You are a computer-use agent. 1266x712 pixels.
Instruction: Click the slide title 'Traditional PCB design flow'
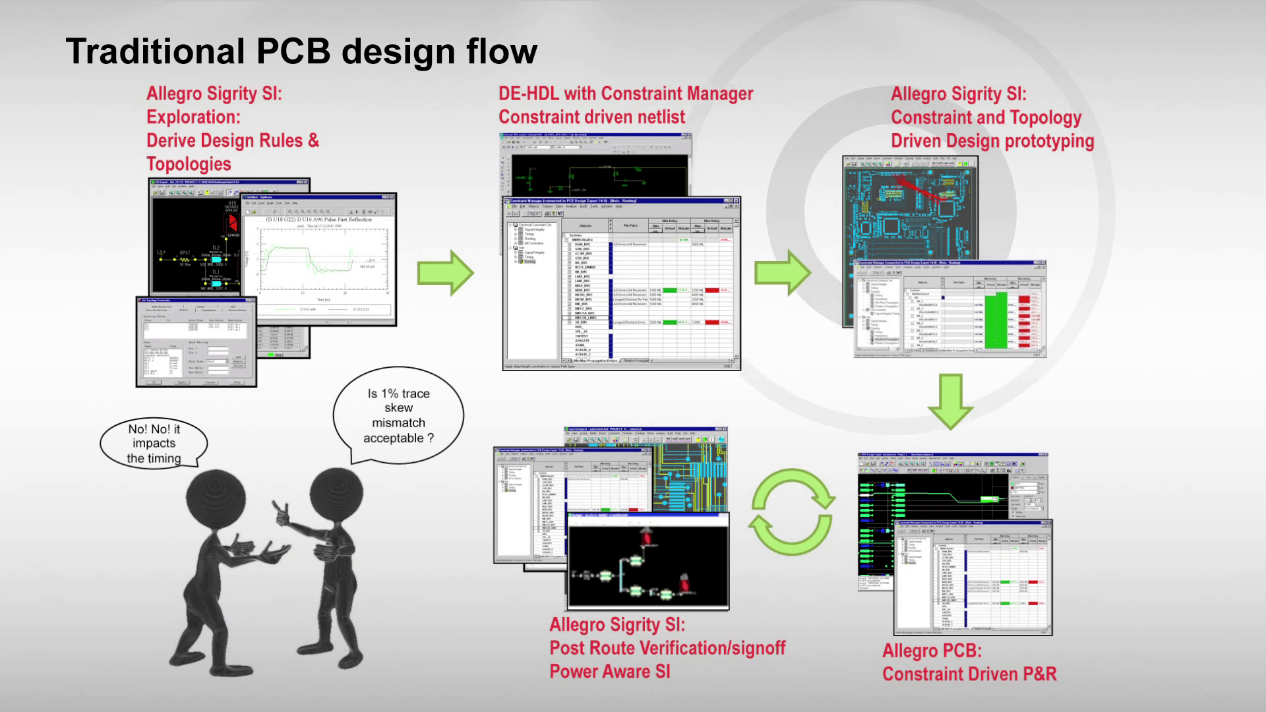tap(301, 51)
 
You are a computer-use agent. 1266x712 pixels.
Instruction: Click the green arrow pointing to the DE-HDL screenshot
tap(445, 272)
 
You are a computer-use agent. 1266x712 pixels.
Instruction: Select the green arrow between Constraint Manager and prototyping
tap(783, 272)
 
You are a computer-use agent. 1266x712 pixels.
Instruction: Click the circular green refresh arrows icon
tap(791, 512)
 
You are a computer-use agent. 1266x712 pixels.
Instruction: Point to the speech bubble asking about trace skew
tap(398, 416)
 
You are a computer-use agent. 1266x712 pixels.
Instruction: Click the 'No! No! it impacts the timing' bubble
tap(154, 444)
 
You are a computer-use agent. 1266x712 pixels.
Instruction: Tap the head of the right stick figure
tap(336, 496)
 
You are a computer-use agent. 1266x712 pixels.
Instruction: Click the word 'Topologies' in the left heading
tap(189, 164)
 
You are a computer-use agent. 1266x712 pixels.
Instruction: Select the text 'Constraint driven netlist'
tap(591, 117)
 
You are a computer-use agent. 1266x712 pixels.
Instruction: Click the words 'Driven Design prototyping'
tap(992, 141)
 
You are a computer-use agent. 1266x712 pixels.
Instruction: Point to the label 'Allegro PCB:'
tap(932, 651)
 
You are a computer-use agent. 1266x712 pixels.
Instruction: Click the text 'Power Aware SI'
tap(610, 672)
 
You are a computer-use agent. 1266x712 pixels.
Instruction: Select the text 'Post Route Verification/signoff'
tap(667, 648)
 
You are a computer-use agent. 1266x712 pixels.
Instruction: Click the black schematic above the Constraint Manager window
tap(597, 173)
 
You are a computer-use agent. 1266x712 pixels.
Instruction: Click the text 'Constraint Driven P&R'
tap(969, 674)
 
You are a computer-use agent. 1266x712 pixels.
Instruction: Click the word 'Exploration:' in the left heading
tap(193, 117)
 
